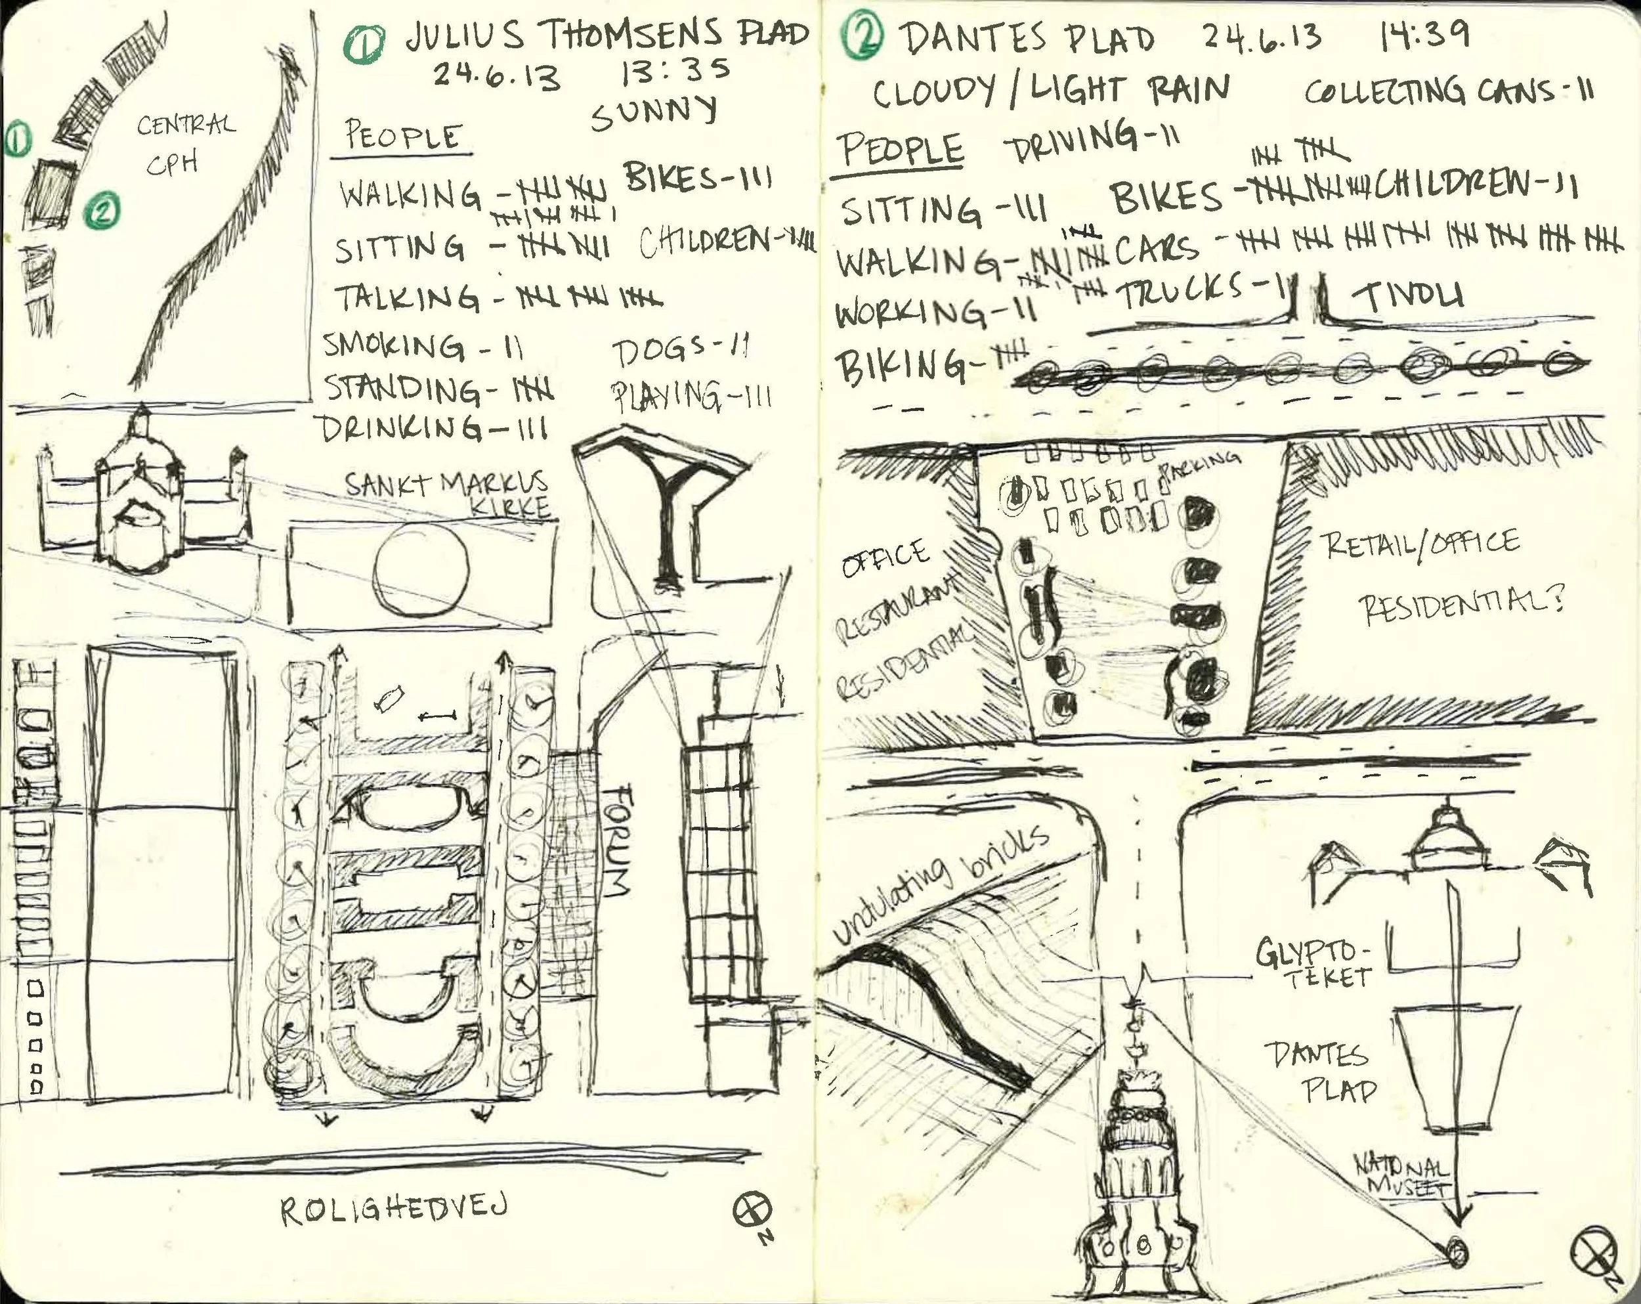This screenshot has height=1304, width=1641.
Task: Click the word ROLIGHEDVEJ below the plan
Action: coord(393,1209)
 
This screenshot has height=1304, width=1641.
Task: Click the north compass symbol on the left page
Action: coord(752,1209)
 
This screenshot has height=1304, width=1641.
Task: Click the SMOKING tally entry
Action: coord(423,347)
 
